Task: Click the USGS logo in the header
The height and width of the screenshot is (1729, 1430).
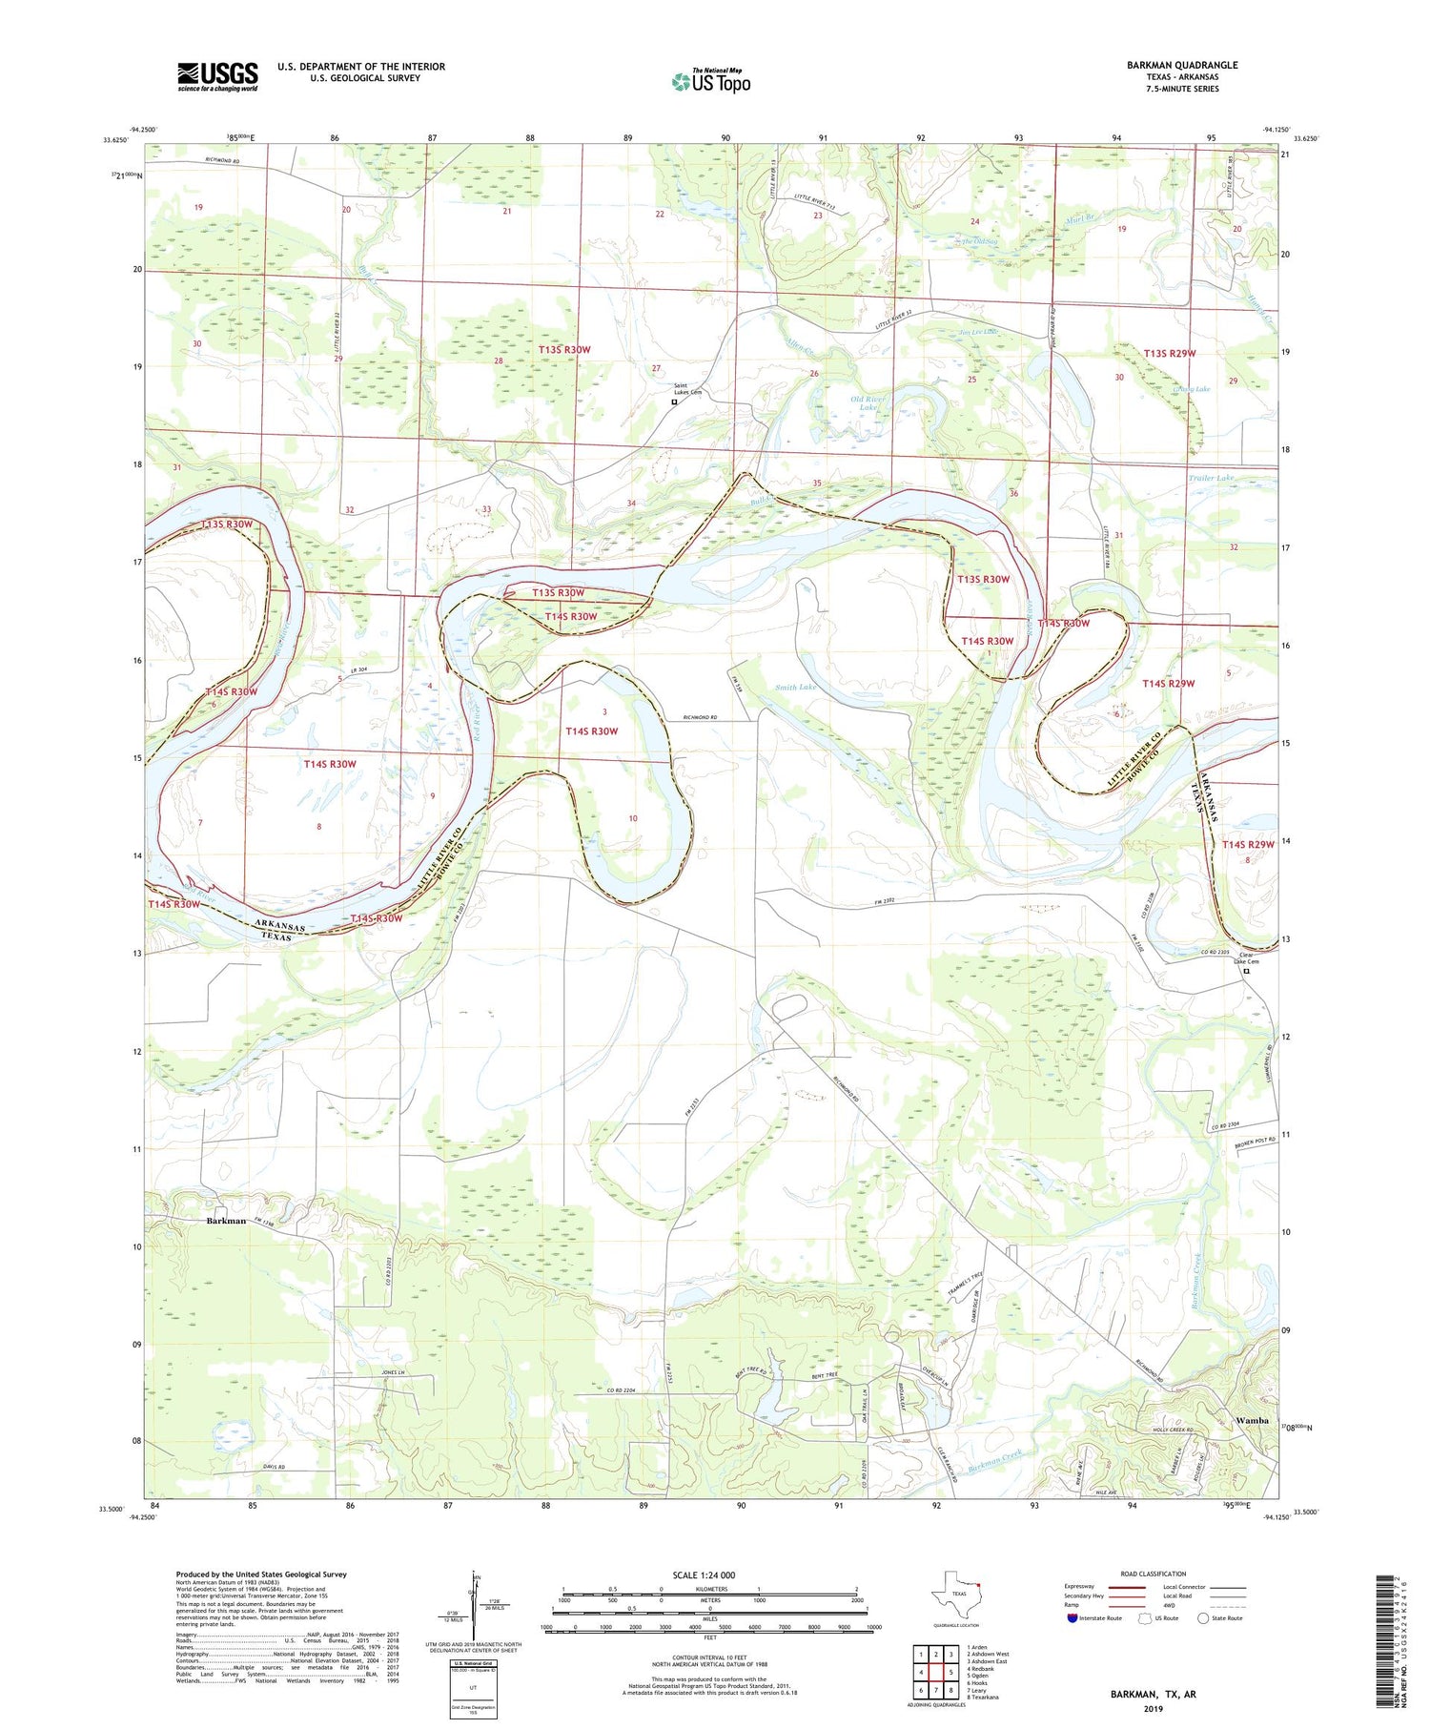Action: (216, 76)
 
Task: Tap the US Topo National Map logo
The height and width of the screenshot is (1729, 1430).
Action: (710, 81)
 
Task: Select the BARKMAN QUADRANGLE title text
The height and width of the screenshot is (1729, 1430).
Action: (1181, 65)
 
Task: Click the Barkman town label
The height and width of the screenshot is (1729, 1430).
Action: (226, 1221)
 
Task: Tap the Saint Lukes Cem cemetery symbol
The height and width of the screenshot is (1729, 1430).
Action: (674, 402)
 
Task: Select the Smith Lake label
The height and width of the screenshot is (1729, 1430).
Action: (794, 687)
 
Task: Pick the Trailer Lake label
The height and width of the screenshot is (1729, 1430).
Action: (1211, 477)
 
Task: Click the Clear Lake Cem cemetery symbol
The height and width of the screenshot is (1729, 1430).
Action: (1246, 972)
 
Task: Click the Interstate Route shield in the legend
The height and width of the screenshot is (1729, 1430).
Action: (1072, 1617)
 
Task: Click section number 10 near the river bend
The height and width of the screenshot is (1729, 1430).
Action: (633, 818)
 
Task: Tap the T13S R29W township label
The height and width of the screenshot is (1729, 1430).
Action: (1169, 354)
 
